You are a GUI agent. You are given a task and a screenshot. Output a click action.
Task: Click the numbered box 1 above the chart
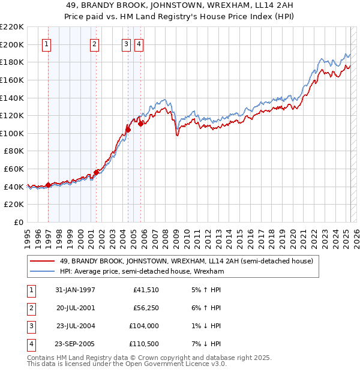click(47, 43)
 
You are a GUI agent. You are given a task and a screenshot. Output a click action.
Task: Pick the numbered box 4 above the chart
click(139, 43)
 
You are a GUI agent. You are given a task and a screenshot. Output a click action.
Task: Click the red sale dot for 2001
click(96, 172)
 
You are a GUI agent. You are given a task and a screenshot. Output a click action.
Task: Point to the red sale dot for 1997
click(48, 185)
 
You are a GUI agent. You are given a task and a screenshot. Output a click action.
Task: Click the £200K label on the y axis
click(12, 44)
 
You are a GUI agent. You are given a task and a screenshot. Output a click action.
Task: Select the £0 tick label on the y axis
click(18, 222)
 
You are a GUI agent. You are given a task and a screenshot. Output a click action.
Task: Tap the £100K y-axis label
click(12, 133)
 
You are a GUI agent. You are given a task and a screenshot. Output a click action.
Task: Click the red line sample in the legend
click(42, 261)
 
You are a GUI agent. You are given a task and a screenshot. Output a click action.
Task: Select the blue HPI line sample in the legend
click(42, 271)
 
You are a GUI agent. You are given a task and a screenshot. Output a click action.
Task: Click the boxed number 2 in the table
click(31, 308)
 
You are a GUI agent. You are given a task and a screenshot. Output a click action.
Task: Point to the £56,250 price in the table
click(145, 308)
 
